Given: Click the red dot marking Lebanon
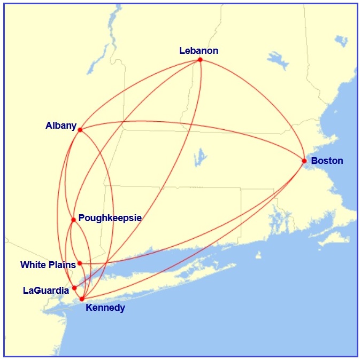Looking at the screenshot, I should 200,60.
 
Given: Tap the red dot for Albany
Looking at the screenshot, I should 80,130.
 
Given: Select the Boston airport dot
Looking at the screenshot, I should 304,161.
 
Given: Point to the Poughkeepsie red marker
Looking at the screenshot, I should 73,220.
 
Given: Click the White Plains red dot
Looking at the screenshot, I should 80,263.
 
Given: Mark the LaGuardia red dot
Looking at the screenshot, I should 74,287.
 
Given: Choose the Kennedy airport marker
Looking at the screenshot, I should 82,299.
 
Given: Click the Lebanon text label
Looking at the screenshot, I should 198,51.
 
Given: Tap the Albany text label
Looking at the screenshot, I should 61,126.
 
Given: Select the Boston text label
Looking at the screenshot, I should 327,161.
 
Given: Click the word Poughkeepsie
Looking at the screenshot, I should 110,218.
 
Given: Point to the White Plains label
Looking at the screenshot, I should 48,265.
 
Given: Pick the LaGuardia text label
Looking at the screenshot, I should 46,291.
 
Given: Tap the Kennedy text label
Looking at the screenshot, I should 105,308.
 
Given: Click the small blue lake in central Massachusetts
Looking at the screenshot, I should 201,157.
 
